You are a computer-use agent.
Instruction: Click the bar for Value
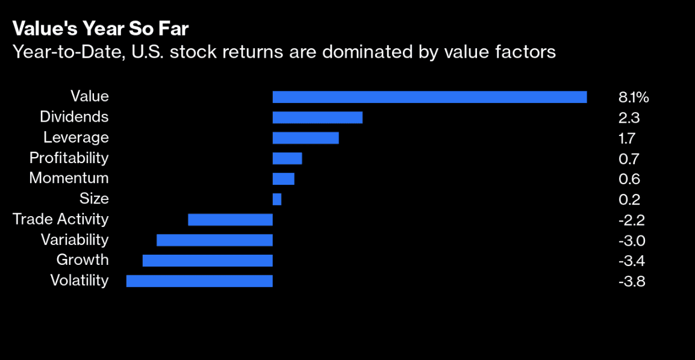(x=429, y=97)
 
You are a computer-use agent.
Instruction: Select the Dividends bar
(x=317, y=117)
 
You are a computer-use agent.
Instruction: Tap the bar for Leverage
(x=305, y=138)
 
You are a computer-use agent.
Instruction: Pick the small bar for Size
(x=277, y=199)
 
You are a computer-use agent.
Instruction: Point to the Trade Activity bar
(x=230, y=220)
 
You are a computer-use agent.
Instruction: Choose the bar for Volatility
(x=199, y=281)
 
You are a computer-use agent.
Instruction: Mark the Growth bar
(x=208, y=261)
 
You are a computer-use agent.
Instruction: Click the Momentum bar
(x=284, y=179)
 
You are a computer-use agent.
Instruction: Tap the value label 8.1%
(x=634, y=98)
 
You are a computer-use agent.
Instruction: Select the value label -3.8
(x=632, y=282)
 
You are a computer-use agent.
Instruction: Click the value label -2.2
(x=632, y=220)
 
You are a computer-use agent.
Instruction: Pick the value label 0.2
(x=629, y=200)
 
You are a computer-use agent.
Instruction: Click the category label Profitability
(x=69, y=158)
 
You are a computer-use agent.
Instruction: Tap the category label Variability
(x=75, y=240)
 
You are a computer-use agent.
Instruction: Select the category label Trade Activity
(x=61, y=220)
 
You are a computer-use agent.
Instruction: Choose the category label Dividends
(x=74, y=117)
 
